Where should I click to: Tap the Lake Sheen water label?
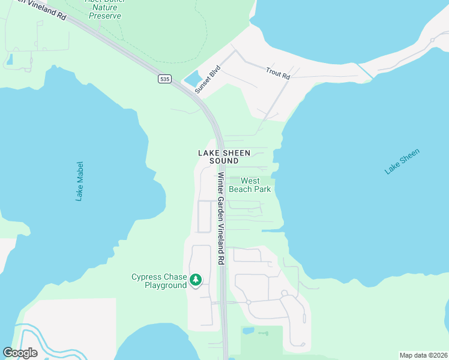pyautogui.click(x=402, y=161)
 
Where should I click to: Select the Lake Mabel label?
pyautogui.click(x=80, y=181)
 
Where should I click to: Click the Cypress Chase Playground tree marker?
pyautogui.click(x=196, y=280)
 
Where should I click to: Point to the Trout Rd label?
pyautogui.click(x=278, y=73)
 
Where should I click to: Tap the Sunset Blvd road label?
pyautogui.click(x=208, y=79)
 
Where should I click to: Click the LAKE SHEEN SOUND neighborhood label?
pyautogui.click(x=224, y=157)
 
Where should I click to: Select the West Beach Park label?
pyautogui.click(x=255, y=185)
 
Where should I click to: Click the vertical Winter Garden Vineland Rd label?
pyautogui.click(x=220, y=219)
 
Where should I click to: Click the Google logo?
pyautogui.click(x=20, y=353)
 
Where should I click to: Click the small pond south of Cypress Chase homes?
pyautogui.click(x=248, y=331)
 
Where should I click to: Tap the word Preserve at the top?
pyautogui.click(x=105, y=16)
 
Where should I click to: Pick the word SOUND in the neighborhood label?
pyautogui.click(x=224, y=161)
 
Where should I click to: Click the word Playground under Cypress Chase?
pyautogui.click(x=166, y=285)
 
